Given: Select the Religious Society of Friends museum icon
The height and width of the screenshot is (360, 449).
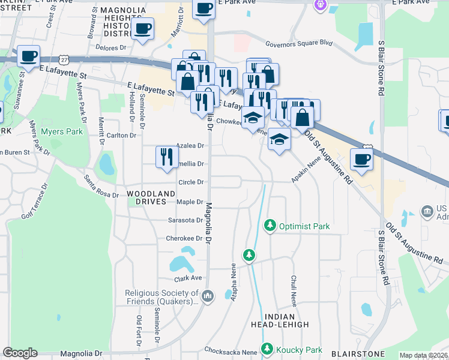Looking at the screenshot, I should coord(208,295).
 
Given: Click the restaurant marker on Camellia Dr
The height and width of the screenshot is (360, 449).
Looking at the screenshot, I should coord(166,157).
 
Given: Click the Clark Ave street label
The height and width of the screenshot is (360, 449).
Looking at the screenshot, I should coord(188,278).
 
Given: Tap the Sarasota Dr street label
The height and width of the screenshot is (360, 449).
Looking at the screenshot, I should coord(185,220).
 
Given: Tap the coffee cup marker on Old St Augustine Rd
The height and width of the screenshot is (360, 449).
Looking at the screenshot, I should coord(361,158).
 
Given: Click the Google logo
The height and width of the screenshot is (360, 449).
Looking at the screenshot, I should coord(20,353).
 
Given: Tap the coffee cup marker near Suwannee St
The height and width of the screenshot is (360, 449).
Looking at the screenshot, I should coord(28,56).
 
